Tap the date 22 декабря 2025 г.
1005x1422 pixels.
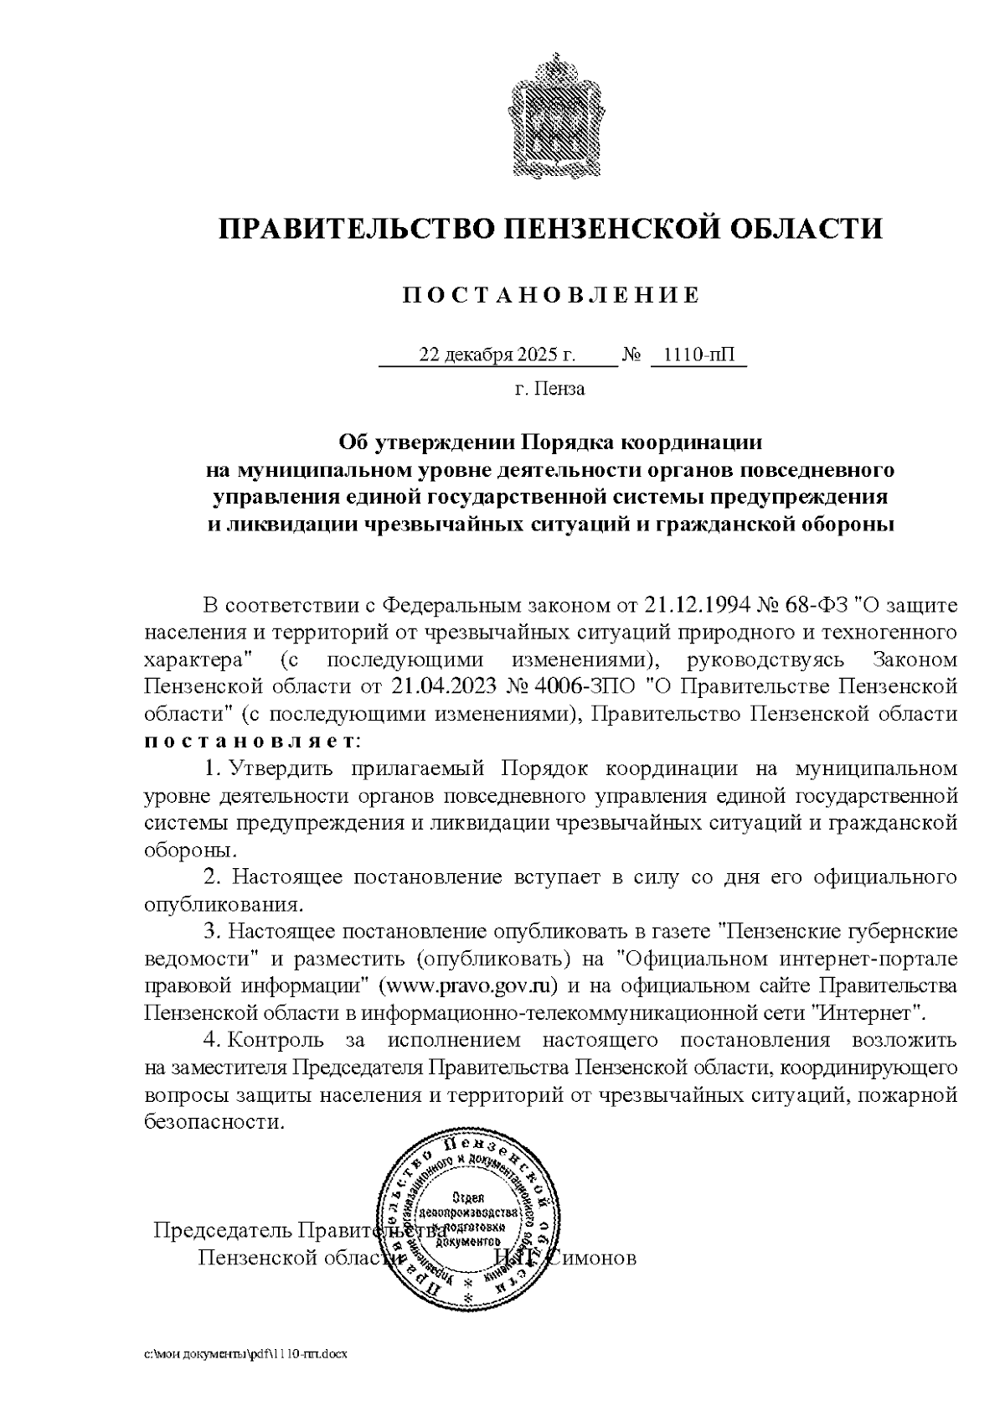pos(497,355)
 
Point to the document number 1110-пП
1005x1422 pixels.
pos(698,355)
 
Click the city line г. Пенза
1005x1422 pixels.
pos(549,389)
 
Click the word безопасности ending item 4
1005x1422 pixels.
pos(214,1122)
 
